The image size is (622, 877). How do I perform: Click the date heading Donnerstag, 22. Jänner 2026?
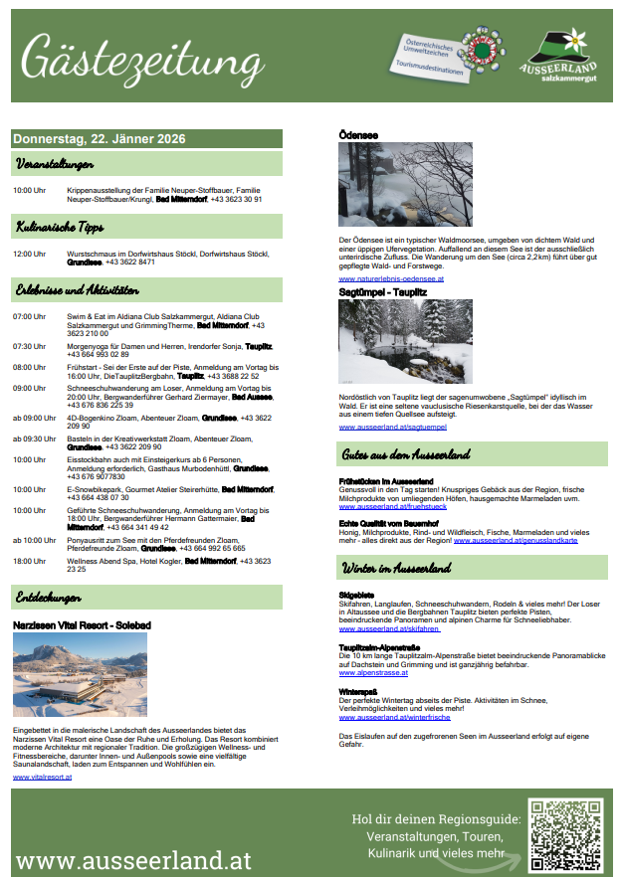tap(100, 139)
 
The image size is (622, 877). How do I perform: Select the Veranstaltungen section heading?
tap(56, 163)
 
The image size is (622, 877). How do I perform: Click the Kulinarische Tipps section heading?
tap(61, 227)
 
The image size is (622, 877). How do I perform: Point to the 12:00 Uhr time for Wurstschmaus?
tap(30, 254)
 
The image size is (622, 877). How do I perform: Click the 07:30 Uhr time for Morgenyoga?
tap(30, 346)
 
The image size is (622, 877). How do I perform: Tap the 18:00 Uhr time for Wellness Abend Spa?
tap(30, 561)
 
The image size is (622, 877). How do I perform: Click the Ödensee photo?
tap(405, 184)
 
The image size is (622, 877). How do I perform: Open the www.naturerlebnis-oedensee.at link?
tap(391, 279)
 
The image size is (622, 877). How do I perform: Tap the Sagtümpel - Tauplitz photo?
tap(405, 341)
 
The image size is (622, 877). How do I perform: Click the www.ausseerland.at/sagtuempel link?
tap(393, 427)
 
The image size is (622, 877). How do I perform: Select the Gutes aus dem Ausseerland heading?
tap(407, 454)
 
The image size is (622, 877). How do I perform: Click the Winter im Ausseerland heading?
tap(398, 568)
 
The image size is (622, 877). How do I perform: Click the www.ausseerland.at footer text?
tap(134, 859)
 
